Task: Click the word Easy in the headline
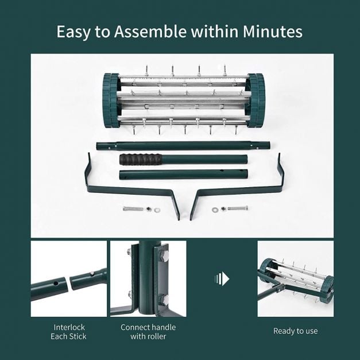tap(74, 32)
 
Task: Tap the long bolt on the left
tap(134, 208)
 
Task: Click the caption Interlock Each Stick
tap(68, 332)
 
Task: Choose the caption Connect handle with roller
tap(148, 332)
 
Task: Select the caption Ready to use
tap(295, 331)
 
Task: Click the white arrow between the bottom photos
tap(222, 278)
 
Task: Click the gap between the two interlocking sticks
tap(68, 282)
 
